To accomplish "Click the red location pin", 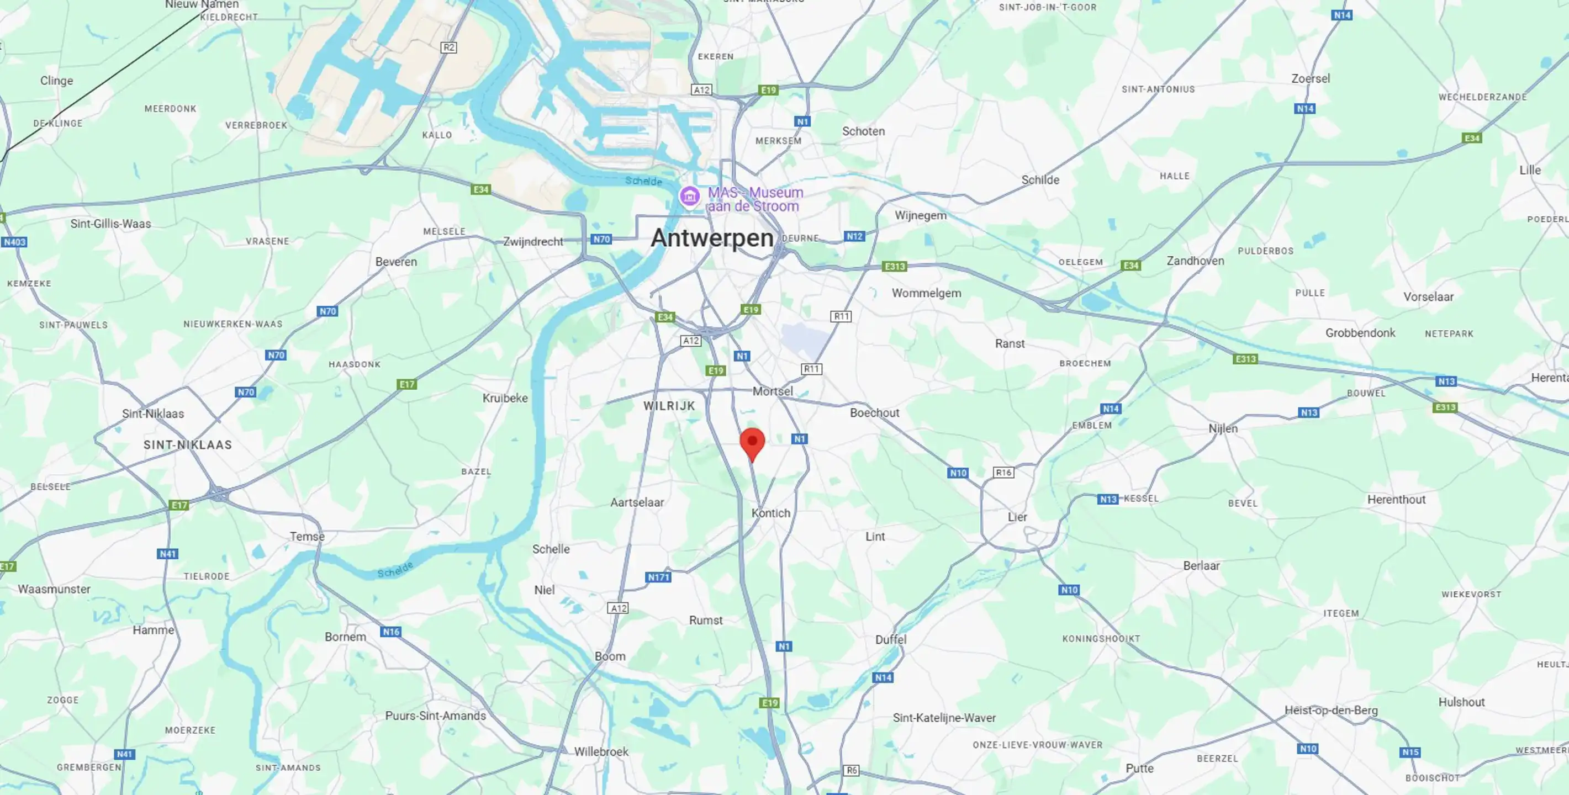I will (x=752, y=442).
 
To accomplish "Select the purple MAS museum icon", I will (x=689, y=197).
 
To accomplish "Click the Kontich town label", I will (x=770, y=513).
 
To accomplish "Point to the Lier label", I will (x=1017, y=517).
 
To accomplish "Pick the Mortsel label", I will (x=772, y=391).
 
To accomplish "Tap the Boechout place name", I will (x=874, y=413).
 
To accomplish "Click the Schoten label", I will (x=863, y=131).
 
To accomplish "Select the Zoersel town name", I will (x=1310, y=78).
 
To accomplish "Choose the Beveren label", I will (x=396, y=262).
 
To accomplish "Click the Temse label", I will (x=307, y=536).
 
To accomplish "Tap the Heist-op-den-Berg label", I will (x=1331, y=710).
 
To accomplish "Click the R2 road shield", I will (x=448, y=47).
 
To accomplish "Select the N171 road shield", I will (x=658, y=577).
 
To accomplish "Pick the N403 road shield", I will (x=14, y=242).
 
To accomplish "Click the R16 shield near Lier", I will (x=1003, y=473).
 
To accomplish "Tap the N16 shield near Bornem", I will (x=390, y=632).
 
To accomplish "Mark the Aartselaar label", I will (x=637, y=502).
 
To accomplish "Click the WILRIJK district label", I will (x=669, y=406).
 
